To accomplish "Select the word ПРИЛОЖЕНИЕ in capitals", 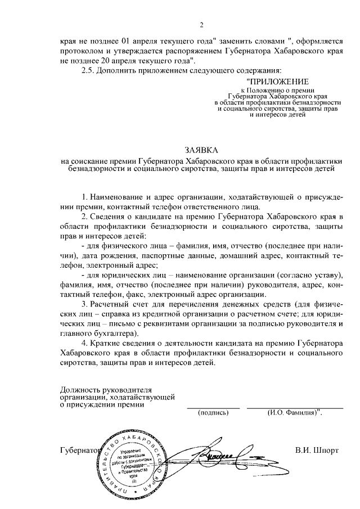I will coord(277,82).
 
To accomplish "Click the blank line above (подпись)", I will coord(213,407).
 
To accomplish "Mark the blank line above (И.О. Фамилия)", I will coord(295,407).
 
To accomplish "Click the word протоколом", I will coord(83,51).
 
